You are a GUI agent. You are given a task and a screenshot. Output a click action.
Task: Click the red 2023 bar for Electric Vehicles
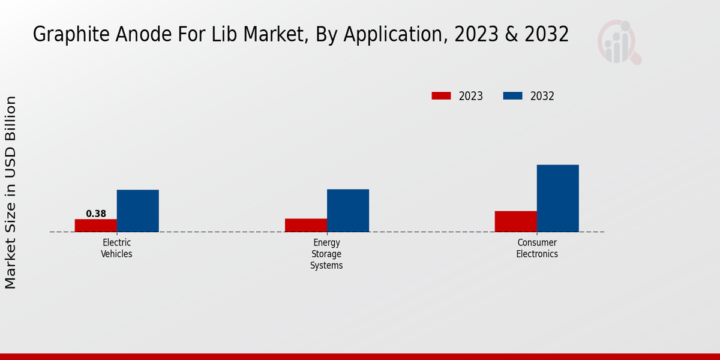pyautogui.click(x=95, y=226)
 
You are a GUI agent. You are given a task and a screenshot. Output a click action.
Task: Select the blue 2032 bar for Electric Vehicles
pyautogui.click(x=137, y=211)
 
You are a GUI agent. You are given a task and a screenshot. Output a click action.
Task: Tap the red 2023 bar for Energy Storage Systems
pyautogui.click(x=305, y=225)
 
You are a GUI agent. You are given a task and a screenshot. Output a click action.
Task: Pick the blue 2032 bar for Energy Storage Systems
pyautogui.click(x=347, y=211)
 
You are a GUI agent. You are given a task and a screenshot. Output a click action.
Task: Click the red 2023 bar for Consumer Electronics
pyautogui.click(x=515, y=221)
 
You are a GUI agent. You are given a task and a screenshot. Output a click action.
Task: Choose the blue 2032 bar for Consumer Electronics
pyautogui.click(x=557, y=198)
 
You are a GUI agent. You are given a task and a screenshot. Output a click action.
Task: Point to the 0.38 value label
pyautogui.click(x=96, y=214)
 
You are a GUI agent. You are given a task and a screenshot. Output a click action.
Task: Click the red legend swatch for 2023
pyautogui.click(x=441, y=96)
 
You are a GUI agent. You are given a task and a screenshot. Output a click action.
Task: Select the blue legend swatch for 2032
pyautogui.click(x=512, y=96)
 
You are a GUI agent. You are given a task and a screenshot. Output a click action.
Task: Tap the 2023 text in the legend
pyautogui.click(x=471, y=96)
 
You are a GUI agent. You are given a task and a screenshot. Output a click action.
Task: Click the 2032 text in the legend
pyautogui.click(x=542, y=96)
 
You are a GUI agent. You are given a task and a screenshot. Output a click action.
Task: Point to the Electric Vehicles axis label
pyautogui.click(x=116, y=248)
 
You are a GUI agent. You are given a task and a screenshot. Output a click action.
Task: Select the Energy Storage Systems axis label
pyautogui.click(x=326, y=254)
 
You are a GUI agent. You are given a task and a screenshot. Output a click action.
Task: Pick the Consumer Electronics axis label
pyautogui.click(x=537, y=248)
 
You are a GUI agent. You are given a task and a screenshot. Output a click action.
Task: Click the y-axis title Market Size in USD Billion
pyautogui.click(x=11, y=192)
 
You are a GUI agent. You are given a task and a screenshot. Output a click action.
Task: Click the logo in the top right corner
pyautogui.click(x=619, y=42)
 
